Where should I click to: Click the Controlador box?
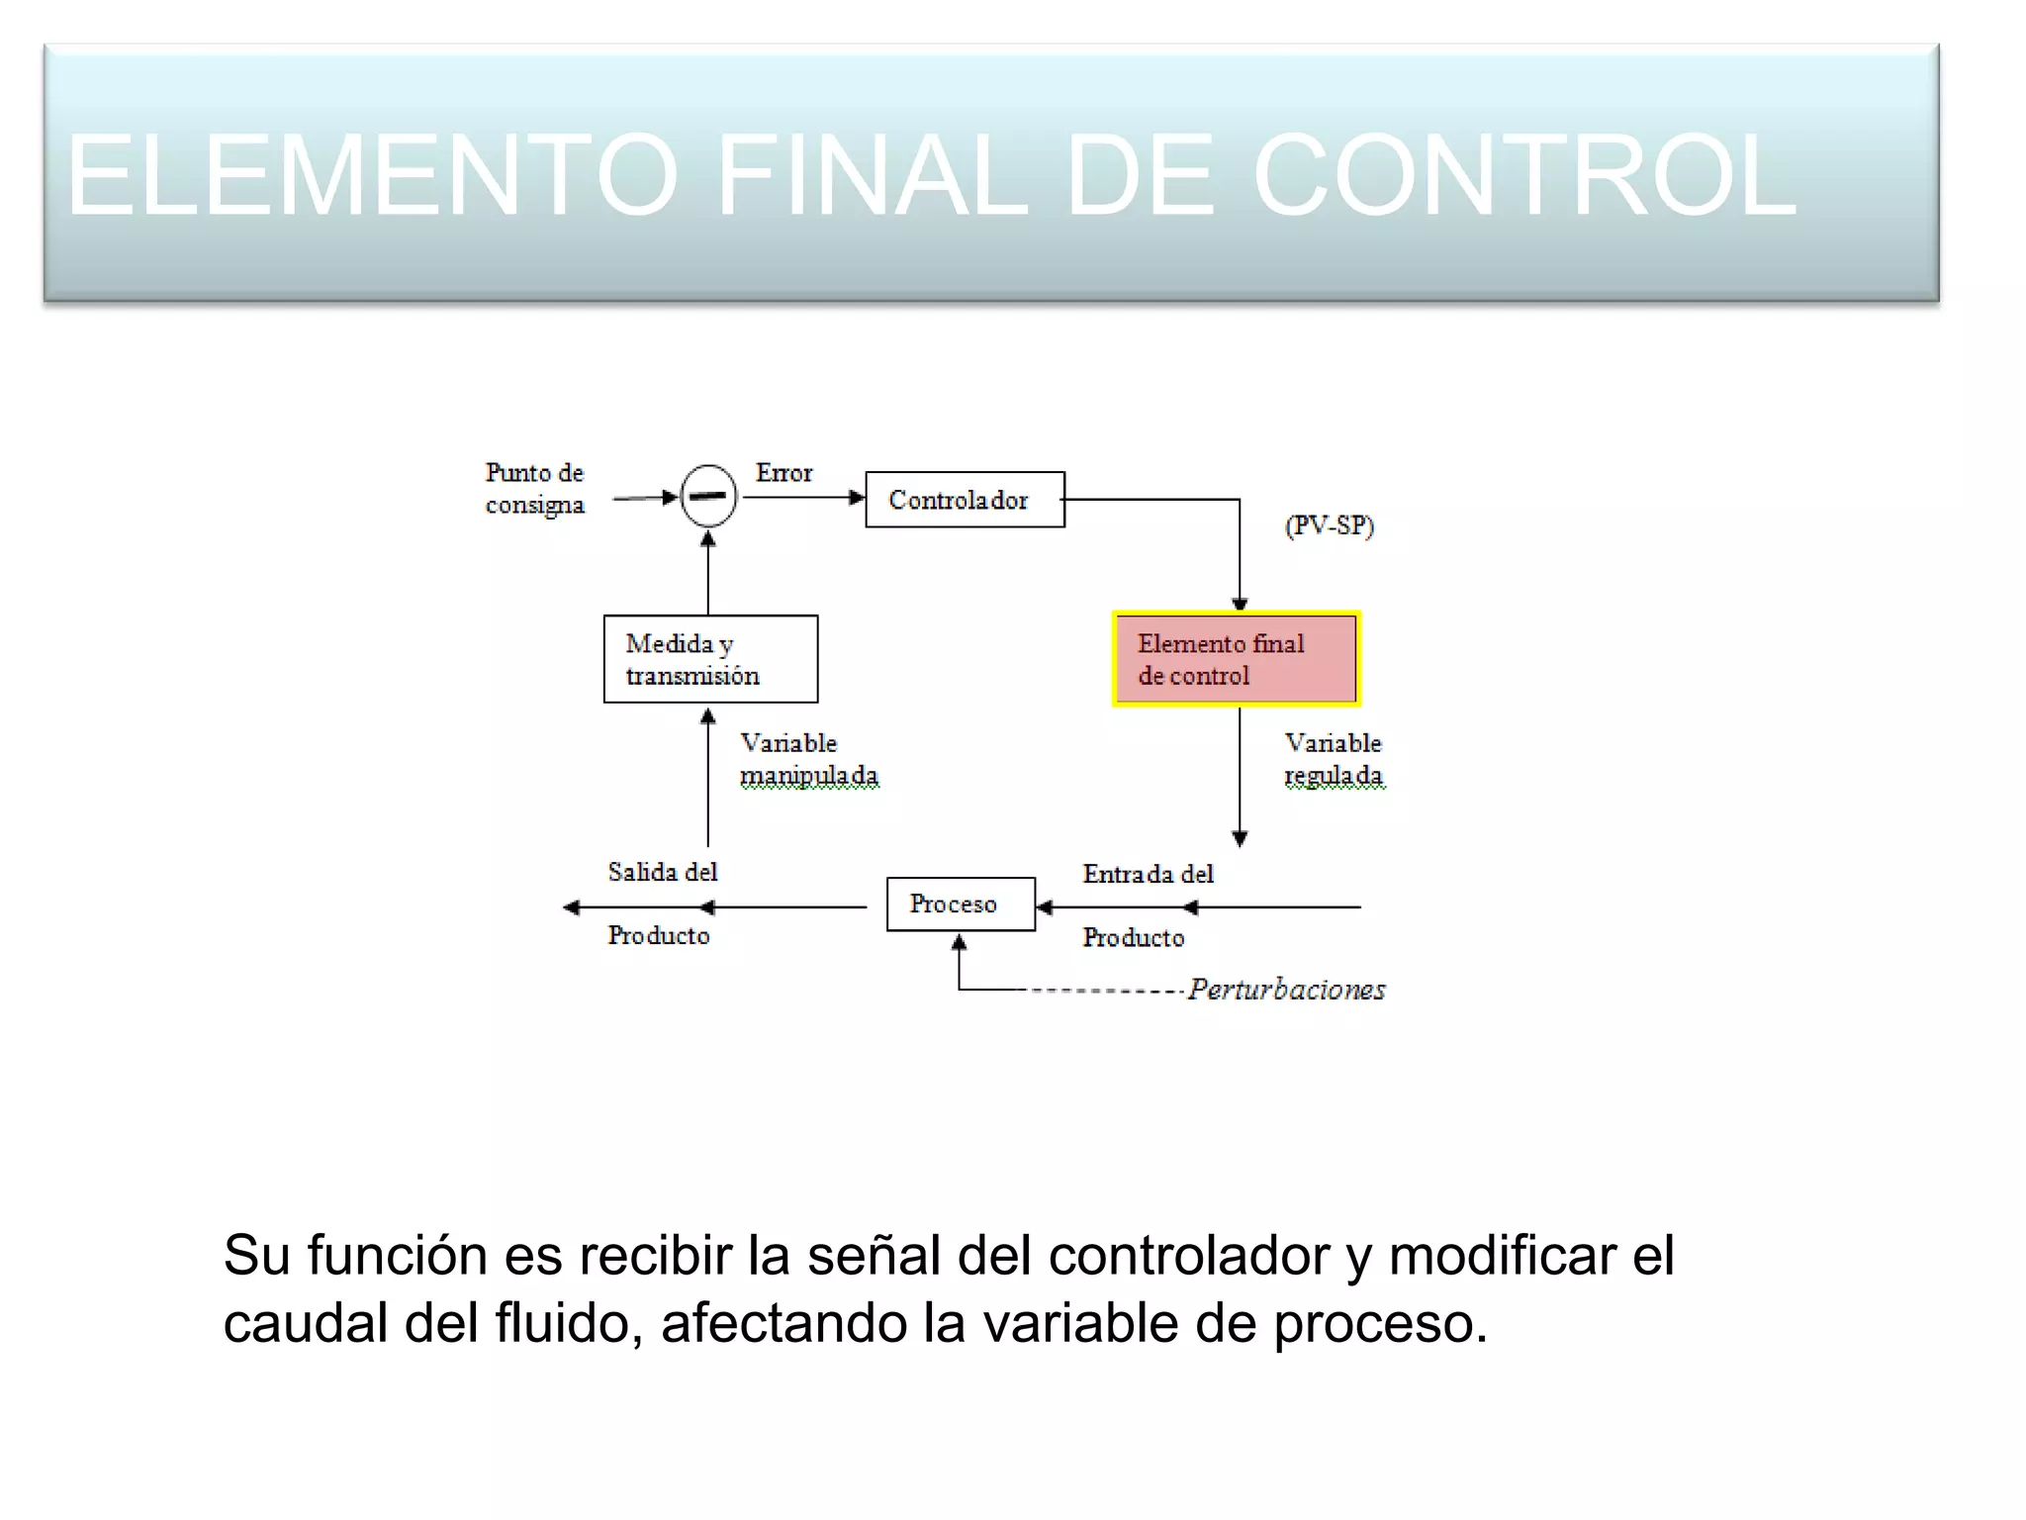click(965, 500)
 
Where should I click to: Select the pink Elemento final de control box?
click(1237, 659)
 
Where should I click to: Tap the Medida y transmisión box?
click(710, 659)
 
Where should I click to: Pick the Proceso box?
click(960, 904)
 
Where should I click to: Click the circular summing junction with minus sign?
click(709, 496)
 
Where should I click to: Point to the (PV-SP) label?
click(1330, 525)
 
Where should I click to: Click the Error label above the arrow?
click(783, 473)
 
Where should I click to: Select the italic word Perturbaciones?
click(1286, 990)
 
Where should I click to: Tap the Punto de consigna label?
click(534, 489)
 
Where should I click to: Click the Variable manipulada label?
click(808, 759)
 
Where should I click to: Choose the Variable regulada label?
click(1333, 759)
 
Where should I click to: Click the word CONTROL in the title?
click(1523, 176)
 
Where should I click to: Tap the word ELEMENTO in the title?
click(372, 176)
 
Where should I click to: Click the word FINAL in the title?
click(872, 176)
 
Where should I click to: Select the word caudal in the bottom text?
click(305, 1323)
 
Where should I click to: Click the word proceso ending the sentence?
click(1380, 1325)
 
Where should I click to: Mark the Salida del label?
click(662, 872)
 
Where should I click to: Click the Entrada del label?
click(1148, 874)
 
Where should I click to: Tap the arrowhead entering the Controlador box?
click(857, 498)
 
